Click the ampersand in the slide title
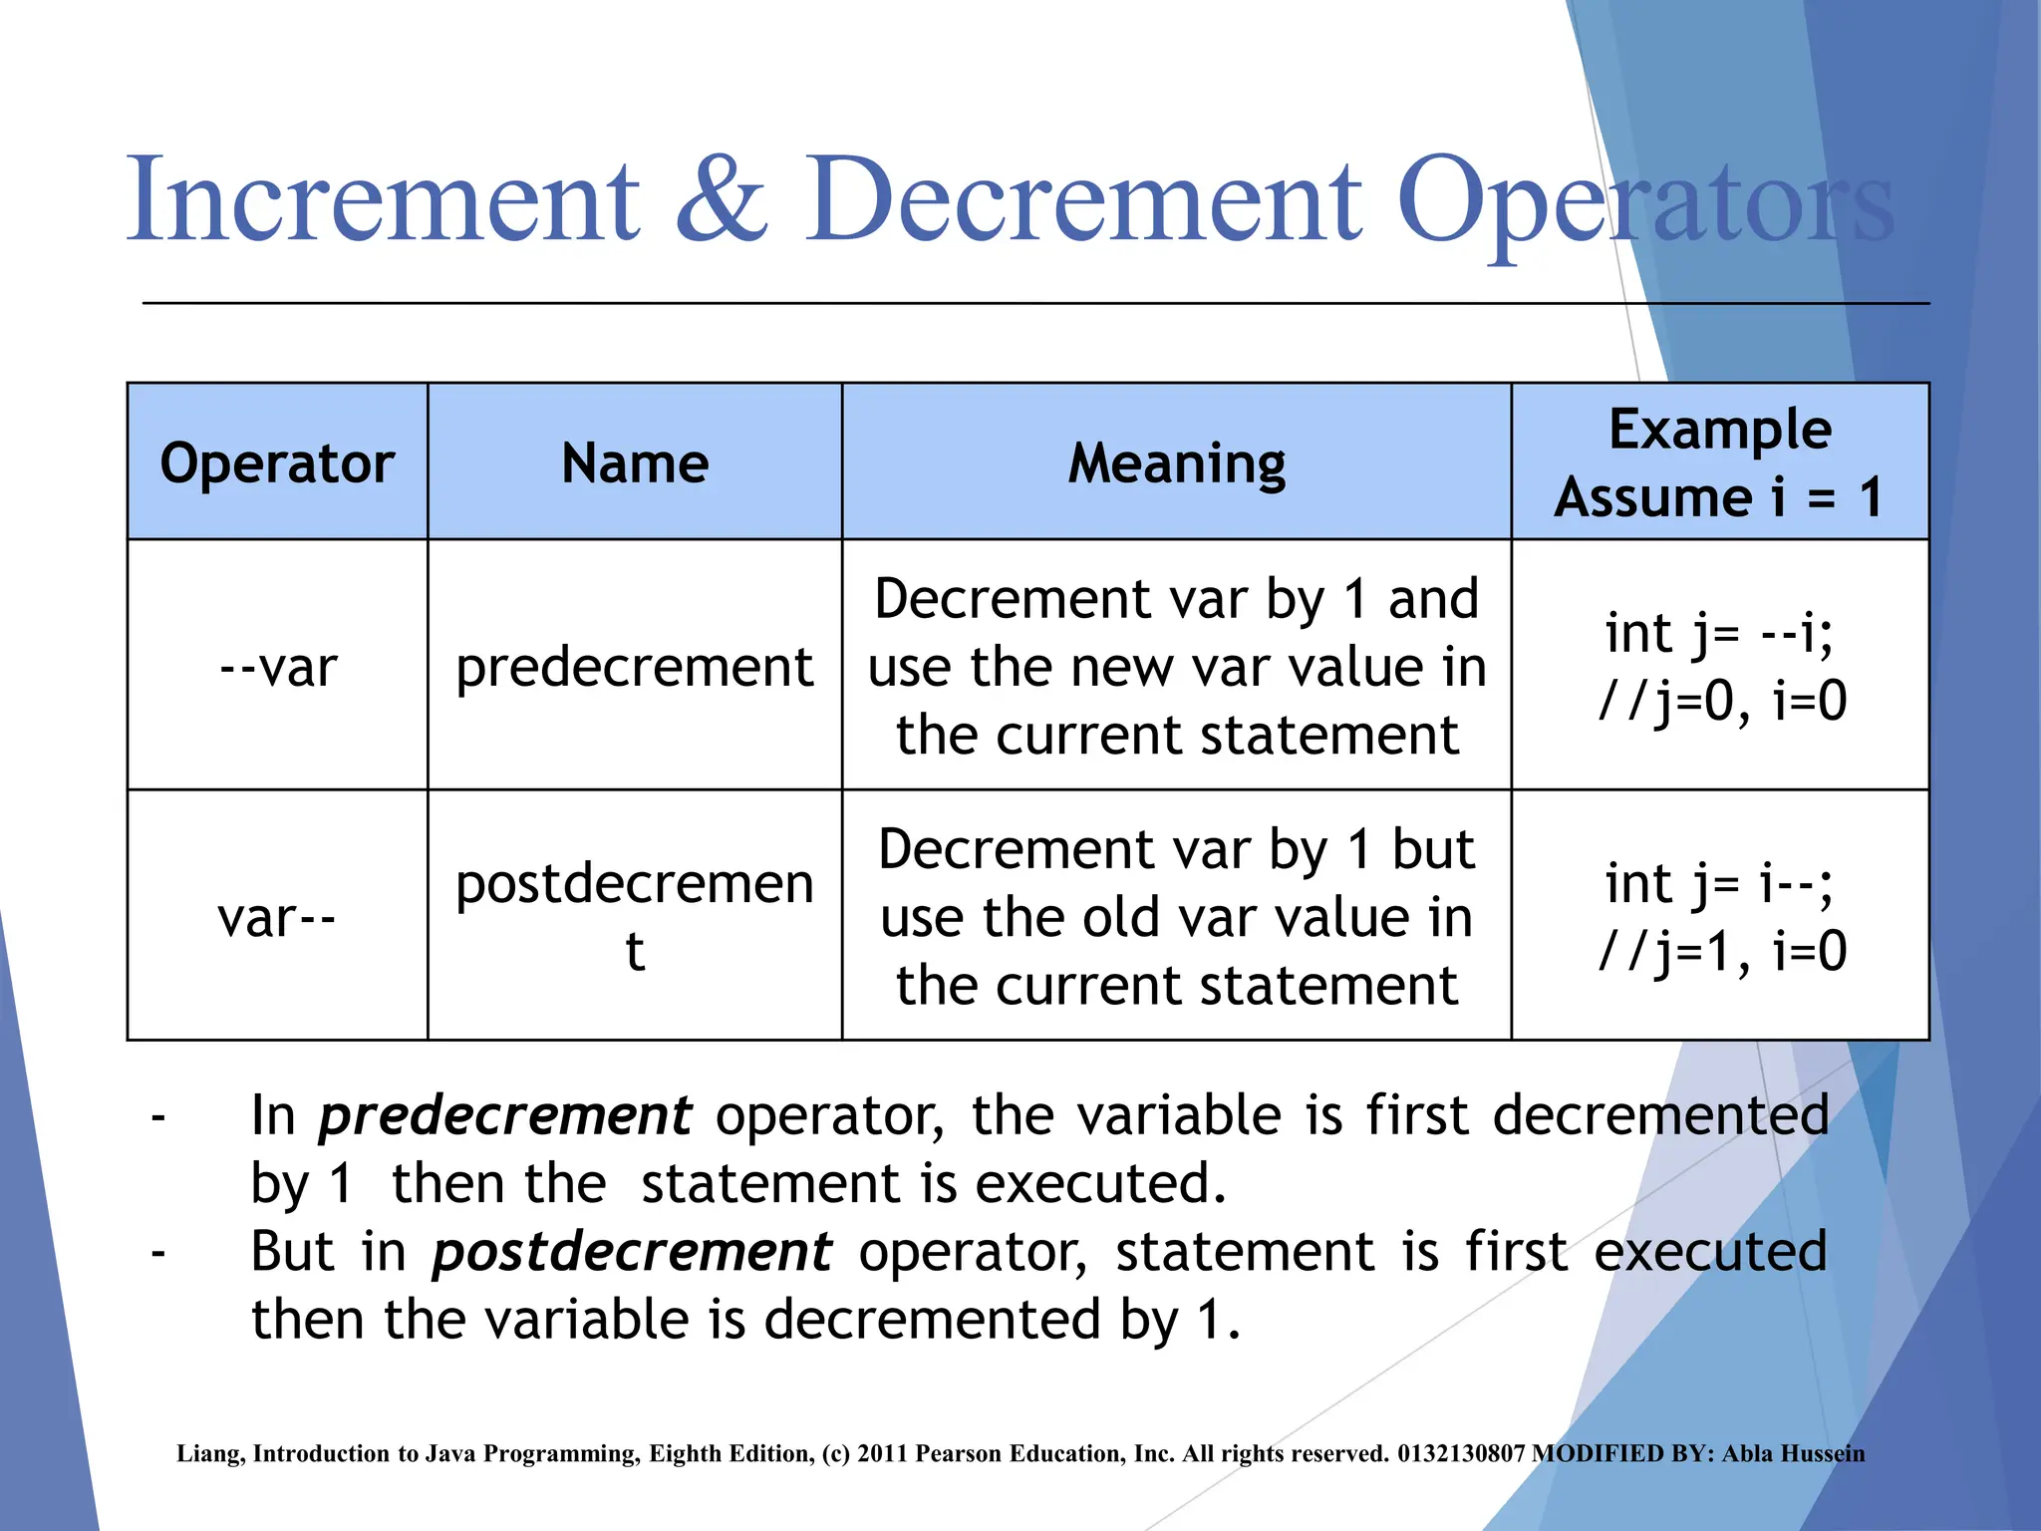click(x=723, y=199)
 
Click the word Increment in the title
click(x=383, y=199)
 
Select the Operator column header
click(x=277, y=463)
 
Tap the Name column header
click(x=635, y=463)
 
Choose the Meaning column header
click(x=1177, y=463)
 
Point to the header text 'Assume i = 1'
click(x=1719, y=497)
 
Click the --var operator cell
click(x=278, y=667)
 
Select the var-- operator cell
click(x=277, y=917)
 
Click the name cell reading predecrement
click(x=635, y=667)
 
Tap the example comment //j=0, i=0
click(x=1722, y=701)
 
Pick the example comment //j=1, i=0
click(x=1722, y=951)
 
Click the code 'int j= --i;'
click(x=1719, y=633)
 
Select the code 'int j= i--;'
click(x=1719, y=883)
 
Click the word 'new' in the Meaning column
click(x=1106, y=667)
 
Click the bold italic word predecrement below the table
click(x=504, y=1115)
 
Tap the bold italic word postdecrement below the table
click(x=632, y=1252)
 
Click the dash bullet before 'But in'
click(x=157, y=1252)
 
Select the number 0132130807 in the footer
click(x=1461, y=1453)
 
